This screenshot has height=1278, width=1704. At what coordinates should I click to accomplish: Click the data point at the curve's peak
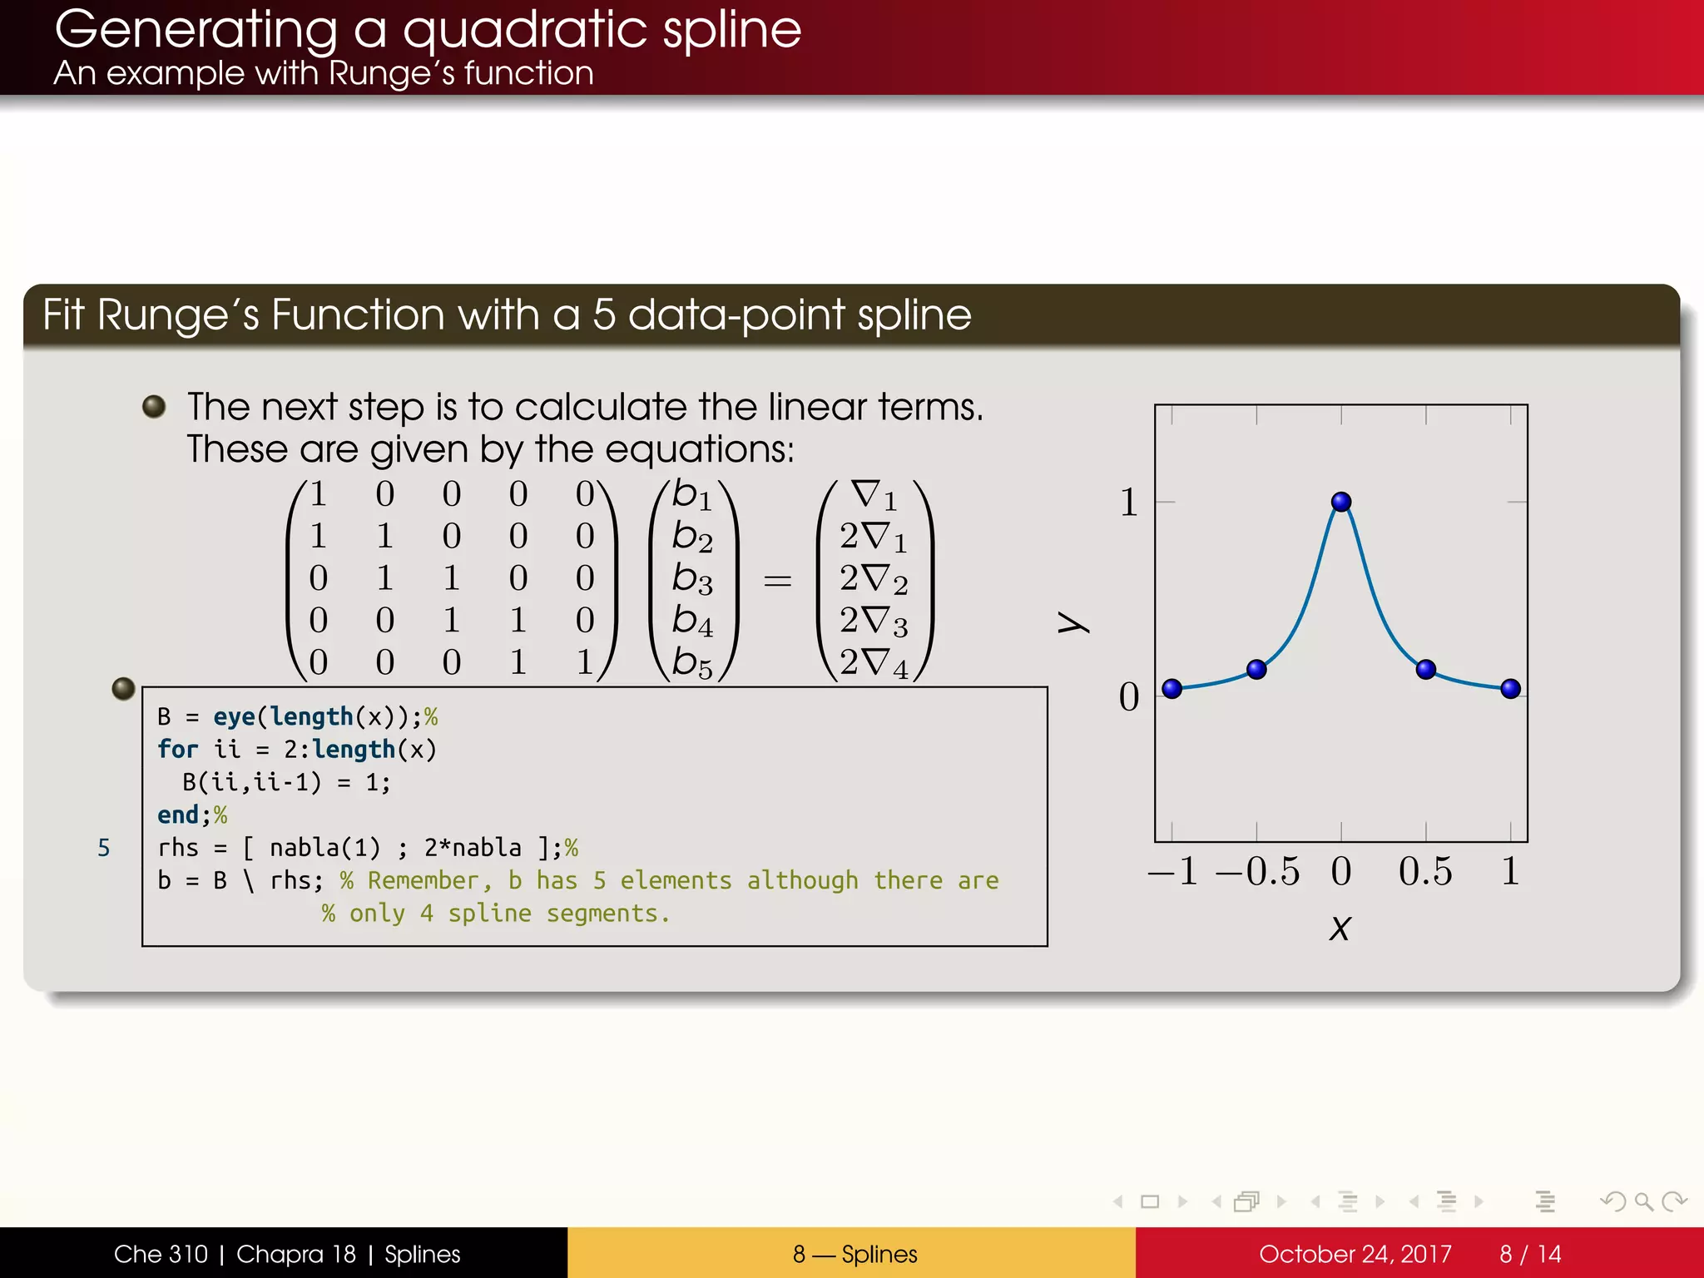pyautogui.click(x=1340, y=502)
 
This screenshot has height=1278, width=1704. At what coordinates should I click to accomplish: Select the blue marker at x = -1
pyautogui.click(x=1171, y=688)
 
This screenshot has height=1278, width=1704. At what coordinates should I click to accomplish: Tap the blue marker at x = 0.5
pyautogui.click(x=1425, y=669)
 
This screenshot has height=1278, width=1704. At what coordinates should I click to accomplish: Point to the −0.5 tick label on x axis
pyautogui.click(x=1257, y=871)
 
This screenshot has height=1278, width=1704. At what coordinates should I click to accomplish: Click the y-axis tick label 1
pyautogui.click(x=1128, y=503)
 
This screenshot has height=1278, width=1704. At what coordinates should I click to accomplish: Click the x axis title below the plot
pyautogui.click(x=1340, y=928)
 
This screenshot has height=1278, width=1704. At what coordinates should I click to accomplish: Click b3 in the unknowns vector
pyautogui.click(x=692, y=578)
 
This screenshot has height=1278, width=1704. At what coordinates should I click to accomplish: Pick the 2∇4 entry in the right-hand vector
pyautogui.click(x=874, y=663)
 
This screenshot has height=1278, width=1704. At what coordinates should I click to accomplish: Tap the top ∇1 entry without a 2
pyautogui.click(x=874, y=495)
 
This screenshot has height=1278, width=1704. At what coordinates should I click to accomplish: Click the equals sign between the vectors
pyautogui.click(x=777, y=580)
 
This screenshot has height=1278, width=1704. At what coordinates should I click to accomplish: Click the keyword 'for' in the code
pyautogui.click(x=177, y=749)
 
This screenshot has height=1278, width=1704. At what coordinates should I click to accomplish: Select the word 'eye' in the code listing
pyautogui.click(x=234, y=716)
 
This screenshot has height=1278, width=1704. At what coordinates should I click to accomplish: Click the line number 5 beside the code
pyautogui.click(x=104, y=848)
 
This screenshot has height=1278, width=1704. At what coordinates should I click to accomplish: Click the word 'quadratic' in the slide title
pyautogui.click(x=525, y=32)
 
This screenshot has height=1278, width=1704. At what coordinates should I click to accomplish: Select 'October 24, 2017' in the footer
pyautogui.click(x=1355, y=1254)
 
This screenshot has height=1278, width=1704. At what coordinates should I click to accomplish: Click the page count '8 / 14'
pyautogui.click(x=1530, y=1254)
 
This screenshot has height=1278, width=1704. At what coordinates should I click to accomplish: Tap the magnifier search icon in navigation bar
pyautogui.click(x=1642, y=1201)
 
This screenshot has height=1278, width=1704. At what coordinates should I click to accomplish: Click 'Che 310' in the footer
pyautogui.click(x=161, y=1254)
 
